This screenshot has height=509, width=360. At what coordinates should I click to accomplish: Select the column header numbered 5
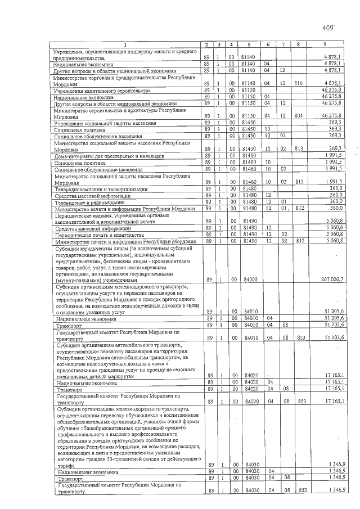coord(247,44)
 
